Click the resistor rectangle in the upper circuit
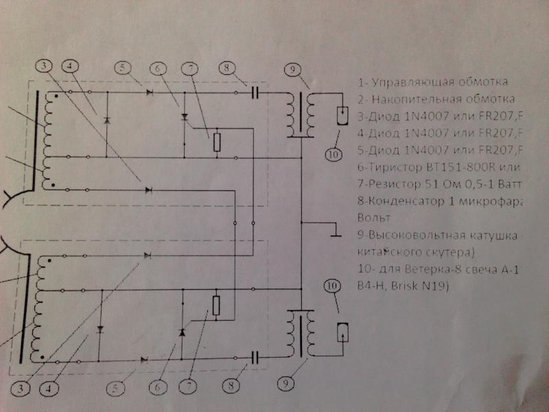[217, 141]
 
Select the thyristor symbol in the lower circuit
[183, 332]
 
